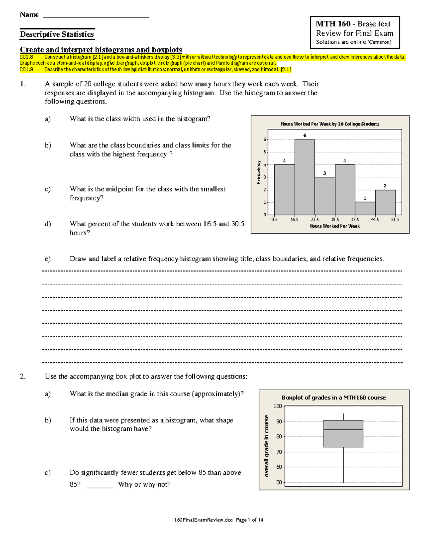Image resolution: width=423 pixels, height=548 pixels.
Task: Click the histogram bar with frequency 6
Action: click(x=305, y=177)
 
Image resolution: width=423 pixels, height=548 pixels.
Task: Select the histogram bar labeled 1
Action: click(x=365, y=208)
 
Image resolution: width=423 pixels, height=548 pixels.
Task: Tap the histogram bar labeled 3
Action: click(x=325, y=196)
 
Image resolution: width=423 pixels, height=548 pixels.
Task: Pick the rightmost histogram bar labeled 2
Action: click(x=385, y=202)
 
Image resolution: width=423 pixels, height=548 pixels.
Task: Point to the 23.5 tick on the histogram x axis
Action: click(x=314, y=219)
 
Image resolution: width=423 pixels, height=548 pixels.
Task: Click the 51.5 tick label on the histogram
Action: click(x=395, y=219)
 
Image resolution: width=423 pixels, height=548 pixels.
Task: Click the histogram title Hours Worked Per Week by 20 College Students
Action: click(x=330, y=124)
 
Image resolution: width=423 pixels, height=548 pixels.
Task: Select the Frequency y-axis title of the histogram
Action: click(x=258, y=172)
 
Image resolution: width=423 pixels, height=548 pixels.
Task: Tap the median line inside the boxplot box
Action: click(x=343, y=429)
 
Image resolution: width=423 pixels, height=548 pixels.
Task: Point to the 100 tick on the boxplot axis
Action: click(x=278, y=406)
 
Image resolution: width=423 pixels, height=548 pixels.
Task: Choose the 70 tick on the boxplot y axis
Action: click(x=279, y=452)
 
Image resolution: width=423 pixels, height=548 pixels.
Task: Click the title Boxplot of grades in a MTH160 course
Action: click(x=333, y=398)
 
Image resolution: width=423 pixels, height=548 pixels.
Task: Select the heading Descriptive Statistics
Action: click(x=57, y=34)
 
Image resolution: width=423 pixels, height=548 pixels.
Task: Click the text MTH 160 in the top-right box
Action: click(x=333, y=24)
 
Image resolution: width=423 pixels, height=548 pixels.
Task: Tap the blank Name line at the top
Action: click(x=96, y=16)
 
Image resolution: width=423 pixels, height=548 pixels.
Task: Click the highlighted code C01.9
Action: click(x=26, y=70)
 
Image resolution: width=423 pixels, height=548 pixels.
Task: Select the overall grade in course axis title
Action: click(x=266, y=446)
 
